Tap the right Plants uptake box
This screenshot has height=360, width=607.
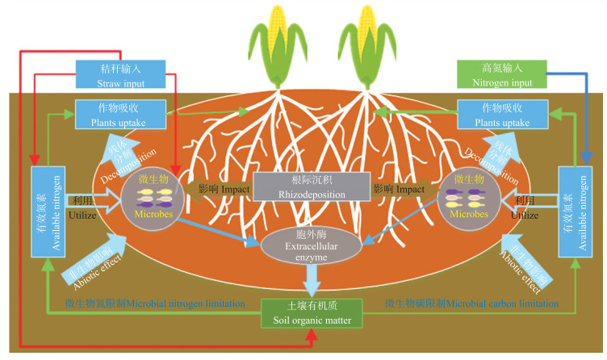coord(494,114)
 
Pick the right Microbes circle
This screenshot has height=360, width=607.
coord(469,199)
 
